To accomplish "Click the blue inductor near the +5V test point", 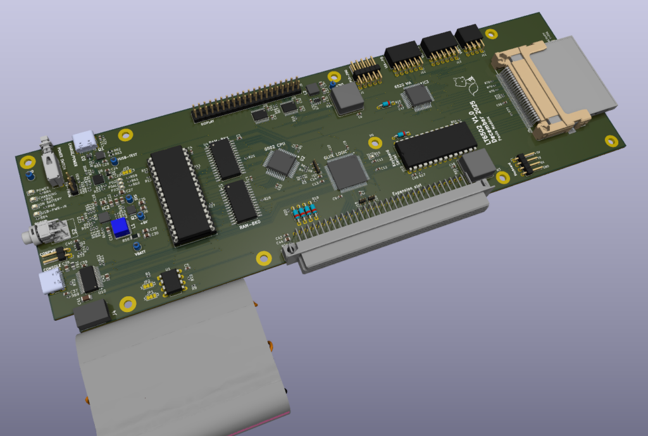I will tap(118, 227).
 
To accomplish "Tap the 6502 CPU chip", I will tap(282, 163).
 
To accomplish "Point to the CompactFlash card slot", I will tap(551, 85).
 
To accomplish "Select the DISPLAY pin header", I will tap(247, 101).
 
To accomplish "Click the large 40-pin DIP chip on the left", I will tap(179, 195).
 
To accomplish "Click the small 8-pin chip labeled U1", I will tap(171, 282).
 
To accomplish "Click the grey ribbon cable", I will tap(184, 361).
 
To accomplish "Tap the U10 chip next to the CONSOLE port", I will tap(89, 278).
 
